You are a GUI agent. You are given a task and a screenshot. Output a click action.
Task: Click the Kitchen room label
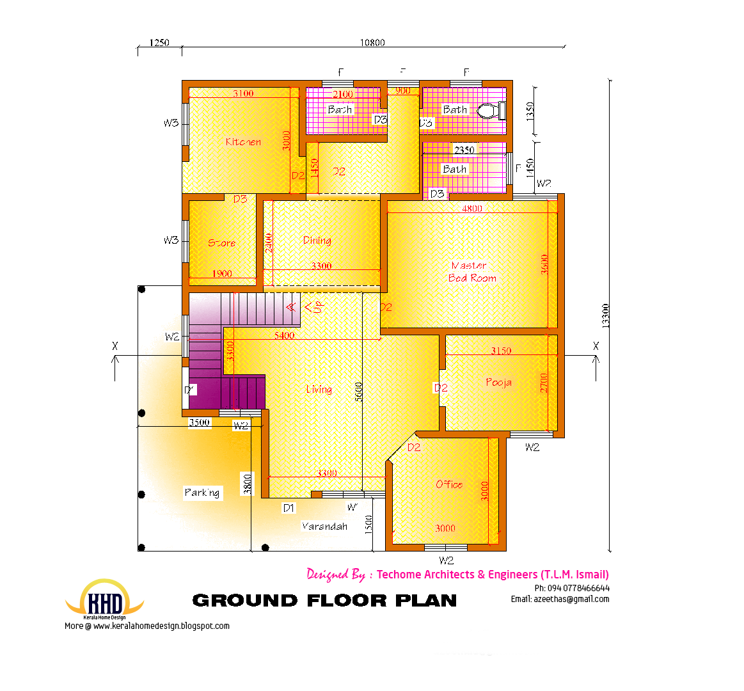(243, 142)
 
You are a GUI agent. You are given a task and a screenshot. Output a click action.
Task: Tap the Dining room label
(317, 241)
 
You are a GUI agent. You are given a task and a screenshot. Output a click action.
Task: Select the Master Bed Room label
(471, 272)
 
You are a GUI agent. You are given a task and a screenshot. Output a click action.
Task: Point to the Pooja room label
(498, 383)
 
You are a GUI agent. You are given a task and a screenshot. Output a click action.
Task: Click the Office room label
(449, 484)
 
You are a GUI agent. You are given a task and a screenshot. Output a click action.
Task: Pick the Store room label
(221, 243)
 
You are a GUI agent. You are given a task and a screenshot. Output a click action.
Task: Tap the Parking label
(202, 493)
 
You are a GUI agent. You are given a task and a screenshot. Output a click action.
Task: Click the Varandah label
(324, 527)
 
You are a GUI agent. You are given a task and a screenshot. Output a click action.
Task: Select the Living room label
(319, 389)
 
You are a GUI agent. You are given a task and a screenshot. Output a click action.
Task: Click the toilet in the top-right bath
(489, 111)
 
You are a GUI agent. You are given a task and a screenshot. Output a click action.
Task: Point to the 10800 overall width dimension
(372, 43)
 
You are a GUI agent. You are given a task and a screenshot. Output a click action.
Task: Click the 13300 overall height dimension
(605, 316)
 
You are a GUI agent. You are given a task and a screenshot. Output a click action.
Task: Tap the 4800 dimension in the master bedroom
(472, 209)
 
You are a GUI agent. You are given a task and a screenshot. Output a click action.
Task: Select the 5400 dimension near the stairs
(284, 335)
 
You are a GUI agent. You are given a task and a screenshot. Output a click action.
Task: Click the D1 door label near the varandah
(289, 508)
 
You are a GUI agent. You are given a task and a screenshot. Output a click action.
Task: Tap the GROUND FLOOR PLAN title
(324, 601)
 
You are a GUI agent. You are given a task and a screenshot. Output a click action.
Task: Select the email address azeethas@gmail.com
(560, 600)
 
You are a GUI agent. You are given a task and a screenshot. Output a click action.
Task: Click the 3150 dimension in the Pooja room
(501, 351)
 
